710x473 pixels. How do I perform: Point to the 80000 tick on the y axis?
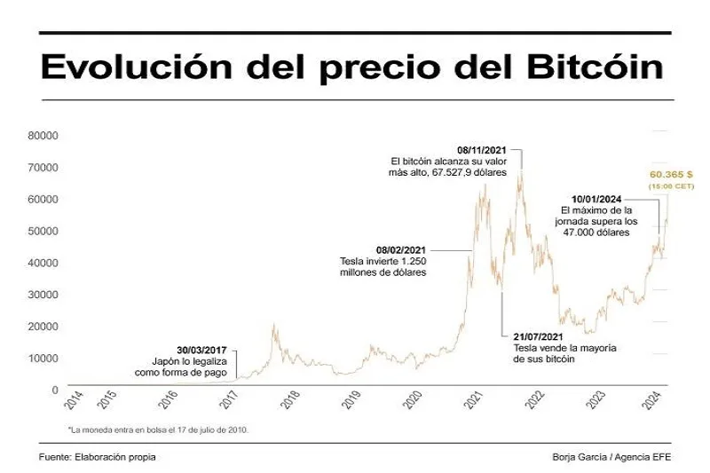click(44, 136)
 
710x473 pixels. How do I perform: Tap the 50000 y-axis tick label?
click(44, 231)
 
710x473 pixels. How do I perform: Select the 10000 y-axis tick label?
click(44, 358)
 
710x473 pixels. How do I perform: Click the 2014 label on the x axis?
click(75, 400)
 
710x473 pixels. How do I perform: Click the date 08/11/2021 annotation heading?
click(482, 150)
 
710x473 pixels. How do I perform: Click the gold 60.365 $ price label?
click(670, 175)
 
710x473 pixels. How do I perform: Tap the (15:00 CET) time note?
click(670, 186)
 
